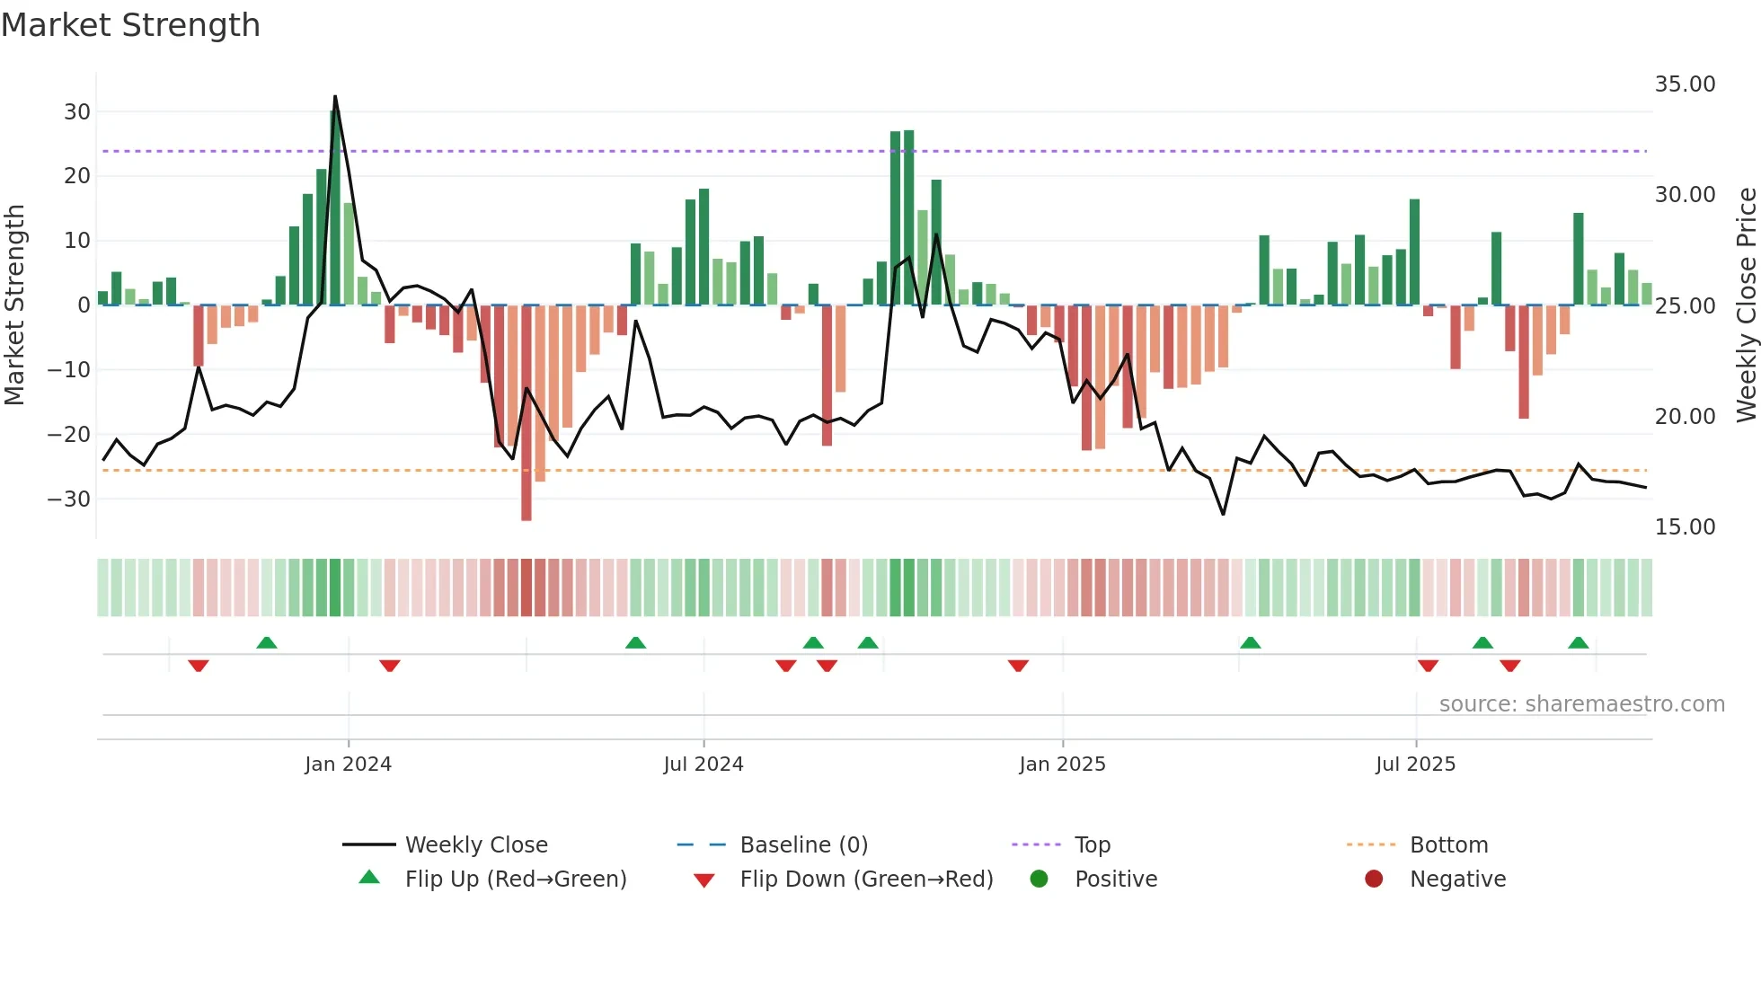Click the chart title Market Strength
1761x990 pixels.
[x=131, y=25]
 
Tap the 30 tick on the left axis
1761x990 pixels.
[x=77, y=112]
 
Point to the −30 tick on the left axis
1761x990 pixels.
[x=70, y=499]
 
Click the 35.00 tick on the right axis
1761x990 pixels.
[x=1685, y=84]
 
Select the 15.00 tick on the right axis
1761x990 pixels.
[x=1685, y=527]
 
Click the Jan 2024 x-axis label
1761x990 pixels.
[x=348, y=765]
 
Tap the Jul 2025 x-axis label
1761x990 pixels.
[x=1415, y=765]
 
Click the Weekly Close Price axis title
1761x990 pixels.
[x=1746, y=305]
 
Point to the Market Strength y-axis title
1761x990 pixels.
[x=15, y=305]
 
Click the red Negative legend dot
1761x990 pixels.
[x=1374, y=879]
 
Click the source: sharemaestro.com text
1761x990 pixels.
[x=1581, y=704]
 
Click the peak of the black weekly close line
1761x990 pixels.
[x=335, y=96]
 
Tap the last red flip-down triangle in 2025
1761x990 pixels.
[x=1510, y=666]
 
